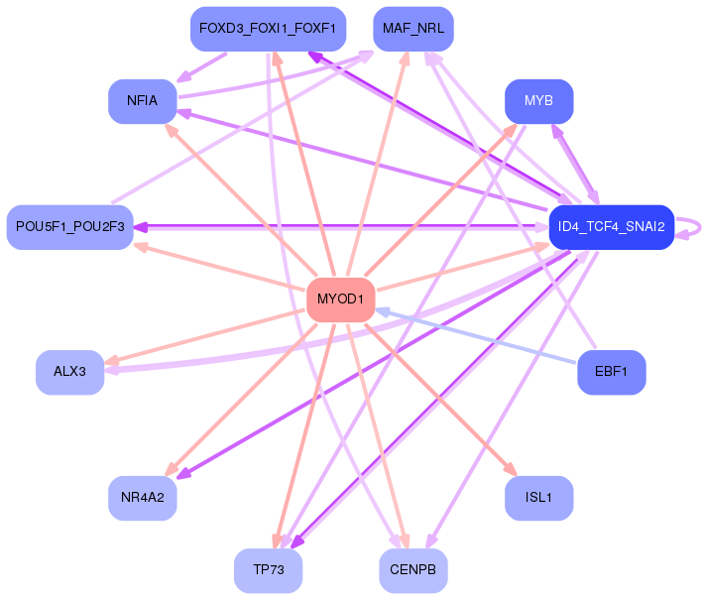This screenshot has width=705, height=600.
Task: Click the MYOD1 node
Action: [340, 300]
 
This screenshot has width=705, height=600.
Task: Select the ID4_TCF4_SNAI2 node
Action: [612, 227]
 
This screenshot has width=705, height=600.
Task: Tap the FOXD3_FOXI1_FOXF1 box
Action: [268, 29]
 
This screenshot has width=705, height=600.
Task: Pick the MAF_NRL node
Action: [413, 29]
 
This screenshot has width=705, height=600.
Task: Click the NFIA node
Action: [143, 101]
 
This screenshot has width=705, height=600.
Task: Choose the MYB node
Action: [539, 101]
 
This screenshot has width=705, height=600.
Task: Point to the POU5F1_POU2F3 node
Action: [69, 227]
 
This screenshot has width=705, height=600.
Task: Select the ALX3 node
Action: [69, 372]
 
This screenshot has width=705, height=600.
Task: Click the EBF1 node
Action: [612, 372]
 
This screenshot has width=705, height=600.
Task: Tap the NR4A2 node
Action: [143, 498]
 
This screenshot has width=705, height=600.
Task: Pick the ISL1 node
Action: [539, 498]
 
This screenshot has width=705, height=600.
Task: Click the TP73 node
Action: [268, 570]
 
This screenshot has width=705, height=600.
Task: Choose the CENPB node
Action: [413, 570]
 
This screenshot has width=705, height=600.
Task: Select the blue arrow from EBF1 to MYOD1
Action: [475, 335]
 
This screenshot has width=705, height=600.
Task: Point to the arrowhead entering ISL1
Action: [511, 469]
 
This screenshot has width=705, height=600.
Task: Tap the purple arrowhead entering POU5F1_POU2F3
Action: [141, 227]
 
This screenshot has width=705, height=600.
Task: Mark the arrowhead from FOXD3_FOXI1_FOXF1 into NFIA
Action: [184, 77]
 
